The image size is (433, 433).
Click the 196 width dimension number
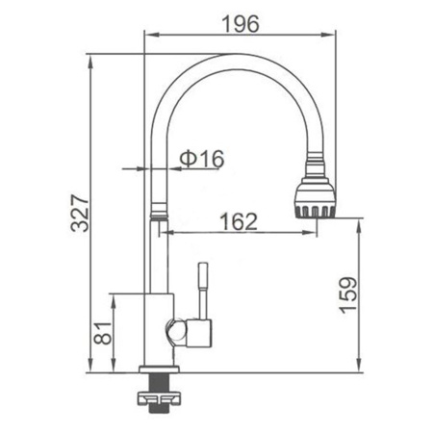tap(241, 24)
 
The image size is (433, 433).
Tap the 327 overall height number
tap(80, 213)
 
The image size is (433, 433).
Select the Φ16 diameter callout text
tap(202, 159)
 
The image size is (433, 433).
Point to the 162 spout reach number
tap(239, 221)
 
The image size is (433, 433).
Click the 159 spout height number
tap(348, 295)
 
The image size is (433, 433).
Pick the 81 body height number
tap(103, 333)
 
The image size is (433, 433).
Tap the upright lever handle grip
tap(203, 276)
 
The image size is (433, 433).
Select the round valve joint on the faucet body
tap(176, 332)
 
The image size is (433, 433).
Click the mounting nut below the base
tap(159, 398)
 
